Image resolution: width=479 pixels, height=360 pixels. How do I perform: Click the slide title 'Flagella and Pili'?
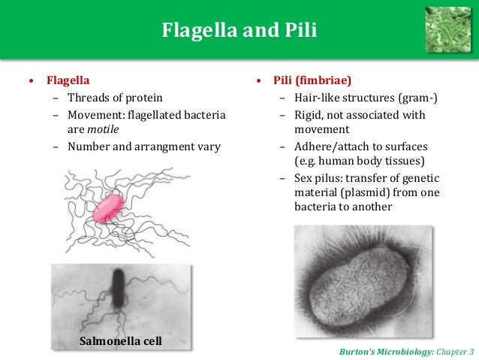(x=239, y=31)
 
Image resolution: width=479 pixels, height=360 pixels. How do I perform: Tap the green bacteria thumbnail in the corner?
(x=447, y=28)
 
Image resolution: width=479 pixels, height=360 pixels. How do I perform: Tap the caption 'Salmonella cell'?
(x=121, y=342)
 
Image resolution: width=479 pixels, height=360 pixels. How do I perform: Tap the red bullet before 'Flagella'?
(x=30, y=80)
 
